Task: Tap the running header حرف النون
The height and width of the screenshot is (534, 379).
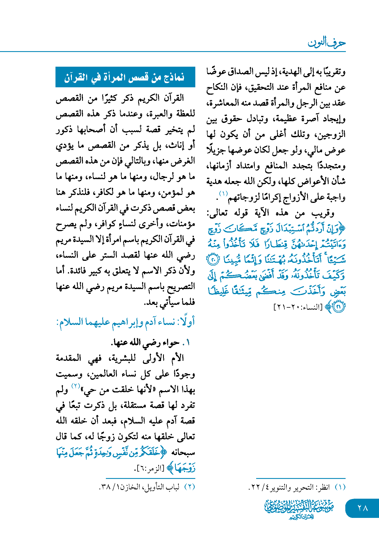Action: (x=327, y=43)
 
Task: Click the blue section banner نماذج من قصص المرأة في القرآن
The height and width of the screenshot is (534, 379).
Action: (x=125, y=77)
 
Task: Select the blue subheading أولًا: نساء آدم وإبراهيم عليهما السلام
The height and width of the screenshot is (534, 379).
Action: (x=126, y=322)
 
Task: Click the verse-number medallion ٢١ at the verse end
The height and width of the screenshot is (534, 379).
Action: (x=339, y=306)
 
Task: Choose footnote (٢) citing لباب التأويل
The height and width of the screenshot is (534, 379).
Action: (x=147, y=487)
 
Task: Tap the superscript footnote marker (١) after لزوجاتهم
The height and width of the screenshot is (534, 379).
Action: (x=223, y=194)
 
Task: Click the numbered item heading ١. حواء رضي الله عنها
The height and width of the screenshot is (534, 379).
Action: (x=151, y=342)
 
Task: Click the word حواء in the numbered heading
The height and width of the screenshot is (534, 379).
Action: (x=171, y=343)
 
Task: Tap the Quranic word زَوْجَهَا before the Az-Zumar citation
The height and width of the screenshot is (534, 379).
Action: (x=185, y=468)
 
